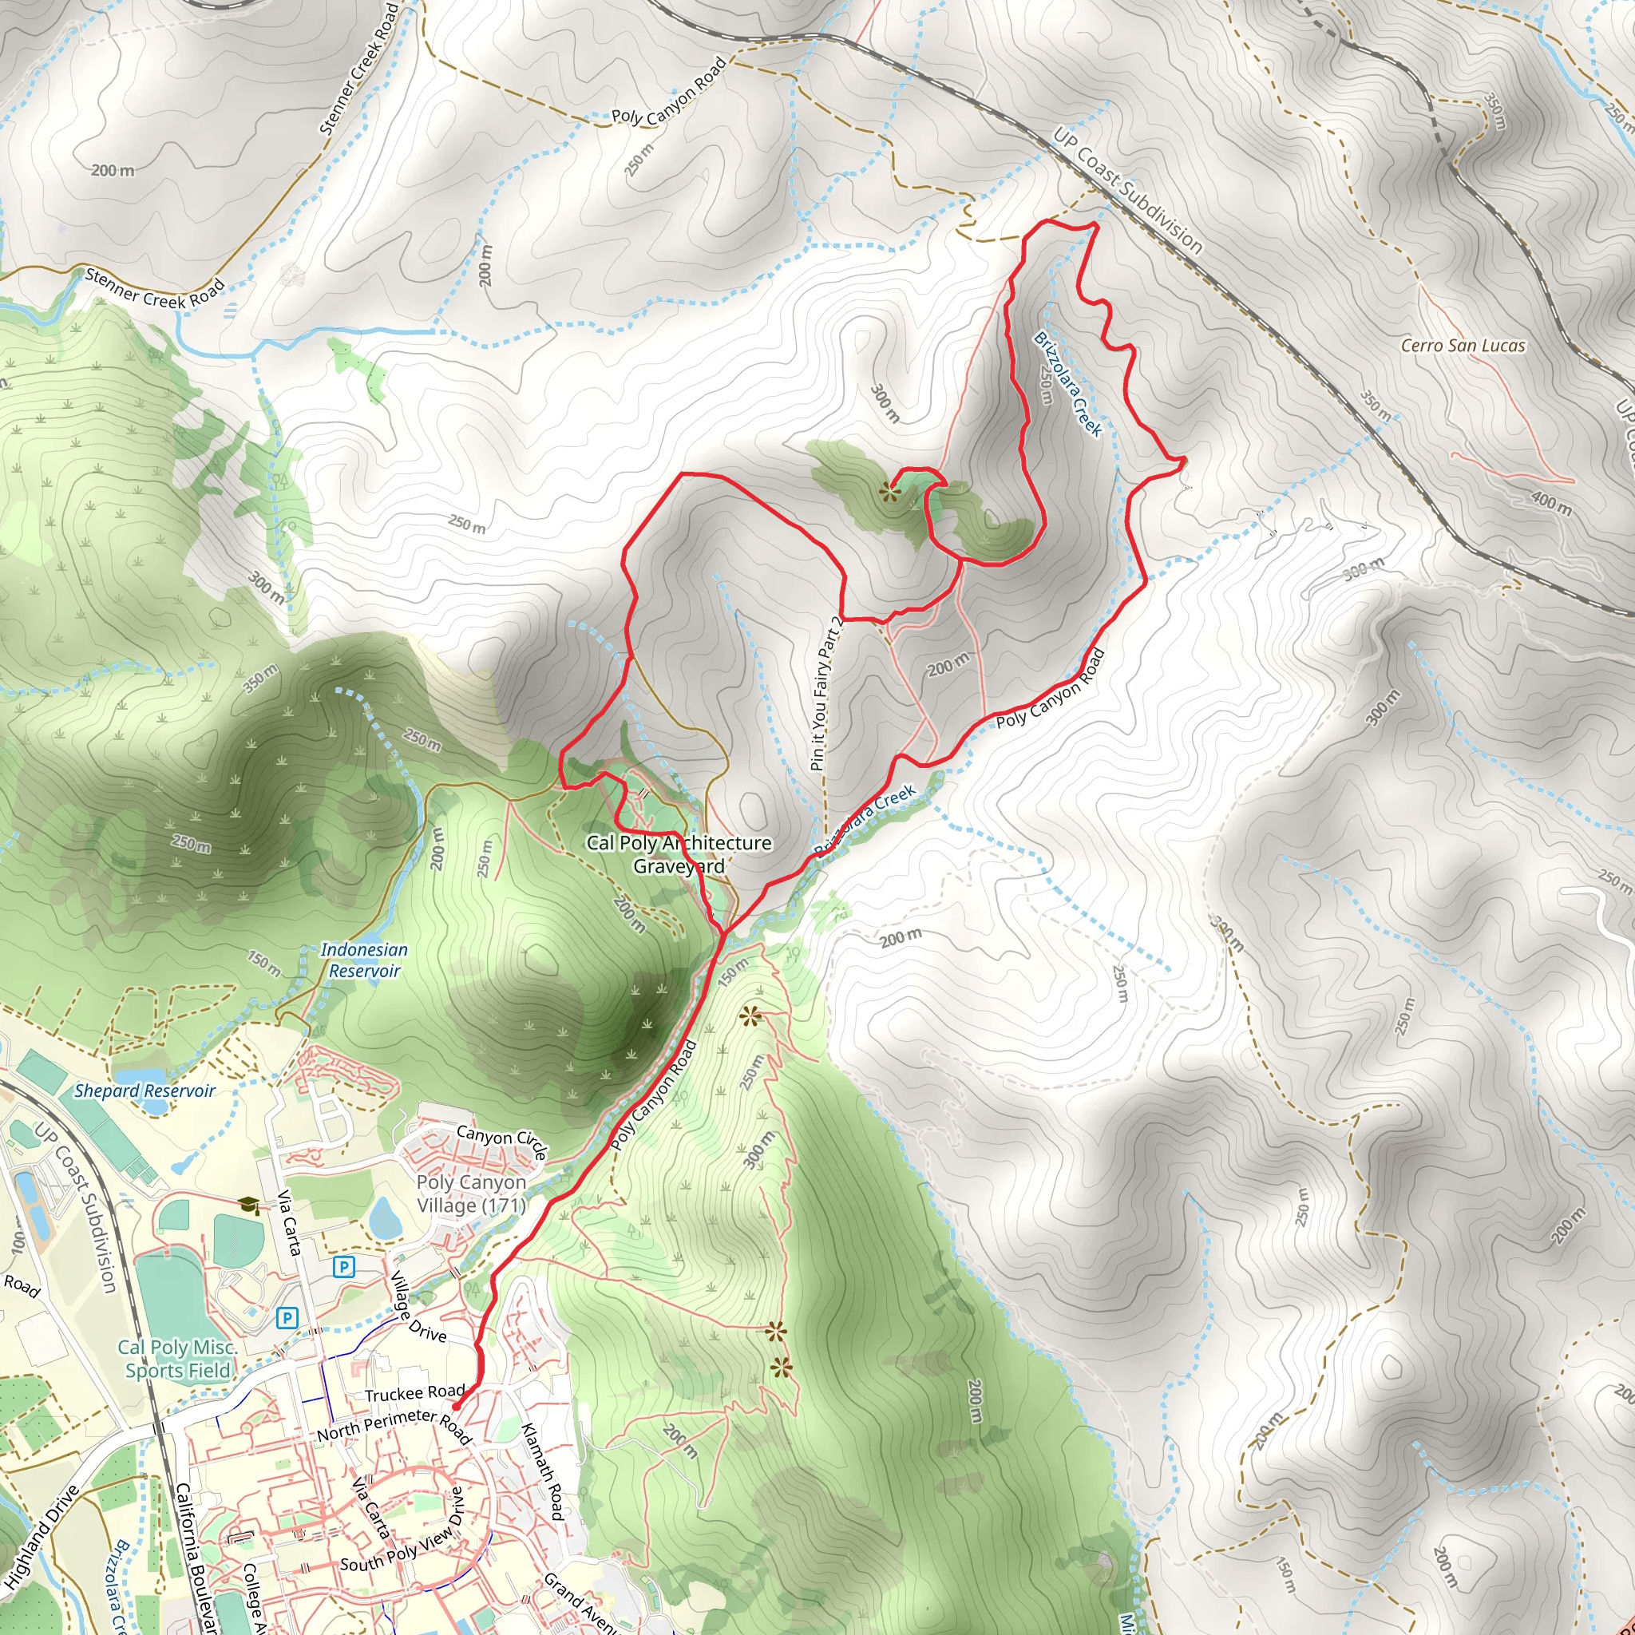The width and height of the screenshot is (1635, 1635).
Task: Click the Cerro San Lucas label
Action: point(1463,345)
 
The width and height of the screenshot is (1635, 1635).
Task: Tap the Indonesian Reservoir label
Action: point(364,960)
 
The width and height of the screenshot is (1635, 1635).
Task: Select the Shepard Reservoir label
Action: point(144,1091)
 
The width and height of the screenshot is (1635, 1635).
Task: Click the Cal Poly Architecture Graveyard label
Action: point(679,854)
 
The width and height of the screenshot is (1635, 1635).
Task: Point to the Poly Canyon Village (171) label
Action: point(471,1194)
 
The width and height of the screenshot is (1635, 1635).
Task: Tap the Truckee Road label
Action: point(414,1392)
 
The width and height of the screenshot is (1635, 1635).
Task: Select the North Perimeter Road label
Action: point(394,1426)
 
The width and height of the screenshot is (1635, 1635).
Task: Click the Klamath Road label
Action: point(541,1471)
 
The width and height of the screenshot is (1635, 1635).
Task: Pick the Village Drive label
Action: point(418,1308)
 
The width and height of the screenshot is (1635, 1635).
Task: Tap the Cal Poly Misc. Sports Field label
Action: point(177,1358)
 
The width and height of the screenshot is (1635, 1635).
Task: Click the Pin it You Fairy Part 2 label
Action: point(826,694)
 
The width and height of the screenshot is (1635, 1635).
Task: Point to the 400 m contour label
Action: point(1550,504)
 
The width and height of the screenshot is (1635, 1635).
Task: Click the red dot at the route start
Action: point(456,1407)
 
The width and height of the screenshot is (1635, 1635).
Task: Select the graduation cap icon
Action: point(249,1204)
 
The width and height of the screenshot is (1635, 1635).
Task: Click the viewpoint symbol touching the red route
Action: point(889,491)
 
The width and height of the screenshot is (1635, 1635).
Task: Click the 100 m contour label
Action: point(18,1241)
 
